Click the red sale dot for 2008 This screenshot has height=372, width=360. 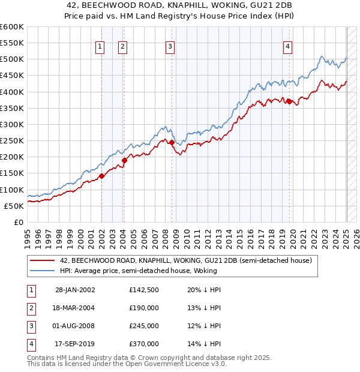point(172,143)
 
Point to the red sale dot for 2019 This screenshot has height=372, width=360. point(289,101)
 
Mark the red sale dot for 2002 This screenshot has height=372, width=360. point(101,176)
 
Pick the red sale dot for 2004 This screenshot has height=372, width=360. point(124,160)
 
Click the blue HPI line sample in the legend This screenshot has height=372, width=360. point(43,271)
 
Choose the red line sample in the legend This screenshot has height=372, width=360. point(43,261)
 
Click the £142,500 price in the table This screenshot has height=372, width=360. point(144,290)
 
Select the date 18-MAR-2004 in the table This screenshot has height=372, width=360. point(72,308)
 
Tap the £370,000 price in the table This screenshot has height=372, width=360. point(144,344)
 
